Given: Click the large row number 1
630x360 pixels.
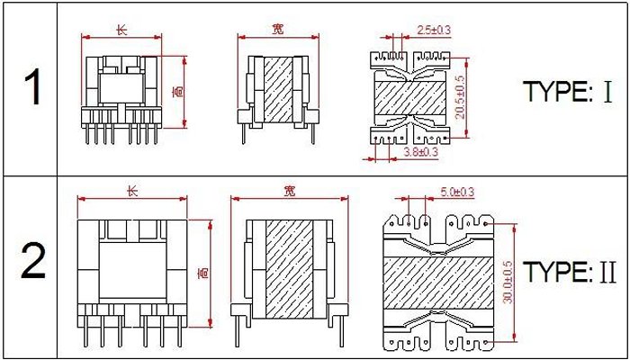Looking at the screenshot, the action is tap(32, 86).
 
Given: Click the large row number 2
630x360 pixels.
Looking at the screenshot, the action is tap(33, 262).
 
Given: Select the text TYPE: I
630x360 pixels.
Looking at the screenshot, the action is tap(567, 91).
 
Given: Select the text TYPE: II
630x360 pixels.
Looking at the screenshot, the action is tap(570, 272).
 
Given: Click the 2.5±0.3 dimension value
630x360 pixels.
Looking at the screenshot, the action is tap(434, 30).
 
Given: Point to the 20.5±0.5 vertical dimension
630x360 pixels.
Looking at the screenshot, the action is tap(461, 97).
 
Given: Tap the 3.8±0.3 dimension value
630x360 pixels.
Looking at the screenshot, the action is tap(420, 152).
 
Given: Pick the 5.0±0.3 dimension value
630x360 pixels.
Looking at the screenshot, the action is tap(457, 192).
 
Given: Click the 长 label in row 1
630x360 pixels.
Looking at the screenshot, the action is tap(121, 30).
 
